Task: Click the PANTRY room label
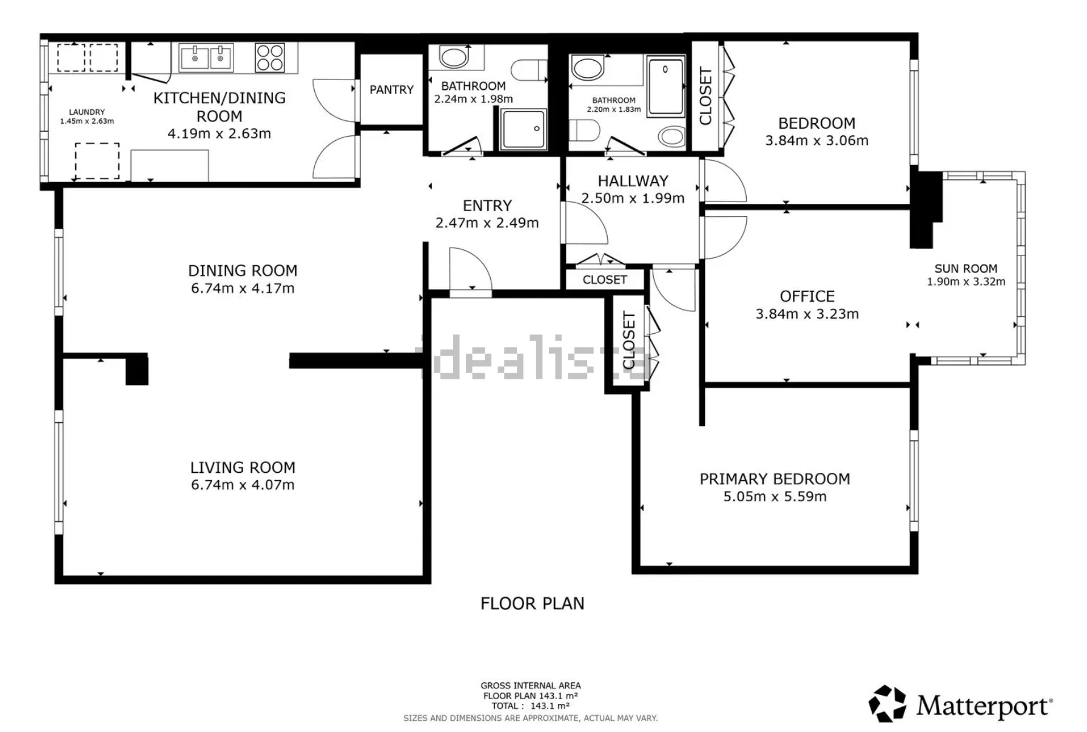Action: click(x=391, y=90)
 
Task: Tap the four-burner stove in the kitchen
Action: click(x=270, y=58)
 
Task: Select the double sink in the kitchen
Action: click(x=206, y=58)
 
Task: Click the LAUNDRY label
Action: click(x=87, y=112)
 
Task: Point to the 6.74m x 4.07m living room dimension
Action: click(x=243, y=485)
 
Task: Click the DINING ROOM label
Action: click(x=243, y=271)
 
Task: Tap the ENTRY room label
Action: click(x=487, y=206)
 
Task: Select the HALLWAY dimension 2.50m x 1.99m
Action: click(x=633, y=198)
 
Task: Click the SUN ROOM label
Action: click(x=966, y=268)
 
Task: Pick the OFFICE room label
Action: click(x=807, y=296)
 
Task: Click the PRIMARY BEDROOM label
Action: click(x=775, y=479)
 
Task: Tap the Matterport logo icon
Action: click(x=887, y=704)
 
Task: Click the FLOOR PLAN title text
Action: click(x=533, y=603)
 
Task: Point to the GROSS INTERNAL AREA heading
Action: click(x=531, y=685)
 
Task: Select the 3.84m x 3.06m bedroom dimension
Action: click(x=816, y=141)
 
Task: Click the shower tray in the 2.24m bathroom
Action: click(x=523, y=129)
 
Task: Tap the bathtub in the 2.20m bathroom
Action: click(x=666, y=86)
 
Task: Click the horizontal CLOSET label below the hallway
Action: click(x=605, y=280)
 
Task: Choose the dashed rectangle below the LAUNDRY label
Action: click(x=97, y=161)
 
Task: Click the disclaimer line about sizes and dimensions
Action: click(x=531, y=718)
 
